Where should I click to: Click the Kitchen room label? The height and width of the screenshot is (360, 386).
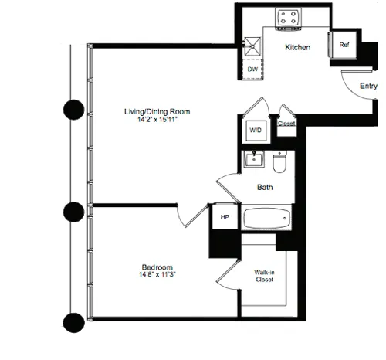pyautogui.click(x=297, y=48)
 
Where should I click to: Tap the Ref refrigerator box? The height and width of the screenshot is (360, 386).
pyautogui.click(x=344, y=46)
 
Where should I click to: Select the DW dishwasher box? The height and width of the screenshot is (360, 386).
pyautogui.click(x=252, y=69)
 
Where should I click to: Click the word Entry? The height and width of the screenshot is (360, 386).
pyautogui.click(x=368, y=87)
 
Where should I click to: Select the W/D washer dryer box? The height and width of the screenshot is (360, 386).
pyautogui.click(x=255, y=131)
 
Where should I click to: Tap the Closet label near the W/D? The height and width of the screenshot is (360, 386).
pyautogui.click(x=286, y=122)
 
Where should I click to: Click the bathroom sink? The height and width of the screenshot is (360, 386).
pyautogui.click(x=253, y=161)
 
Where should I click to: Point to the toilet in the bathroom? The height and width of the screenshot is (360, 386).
pyautogui.click(x=281, y=161)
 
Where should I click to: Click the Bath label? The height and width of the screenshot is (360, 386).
pyautogui.click(x=265, y=187)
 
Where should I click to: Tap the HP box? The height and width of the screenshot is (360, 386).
pyautogui.click(x=225, y=218)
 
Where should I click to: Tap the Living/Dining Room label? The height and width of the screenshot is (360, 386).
pyautogui.click(x=157, y=112)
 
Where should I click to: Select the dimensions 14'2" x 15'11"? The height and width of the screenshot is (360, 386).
pyautogui.click(x=157, y=121)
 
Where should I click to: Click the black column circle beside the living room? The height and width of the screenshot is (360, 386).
pyautogui.click(x=73, y=110)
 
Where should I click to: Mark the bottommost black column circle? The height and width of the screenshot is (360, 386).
pyautogui.click(x=73, y=320)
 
